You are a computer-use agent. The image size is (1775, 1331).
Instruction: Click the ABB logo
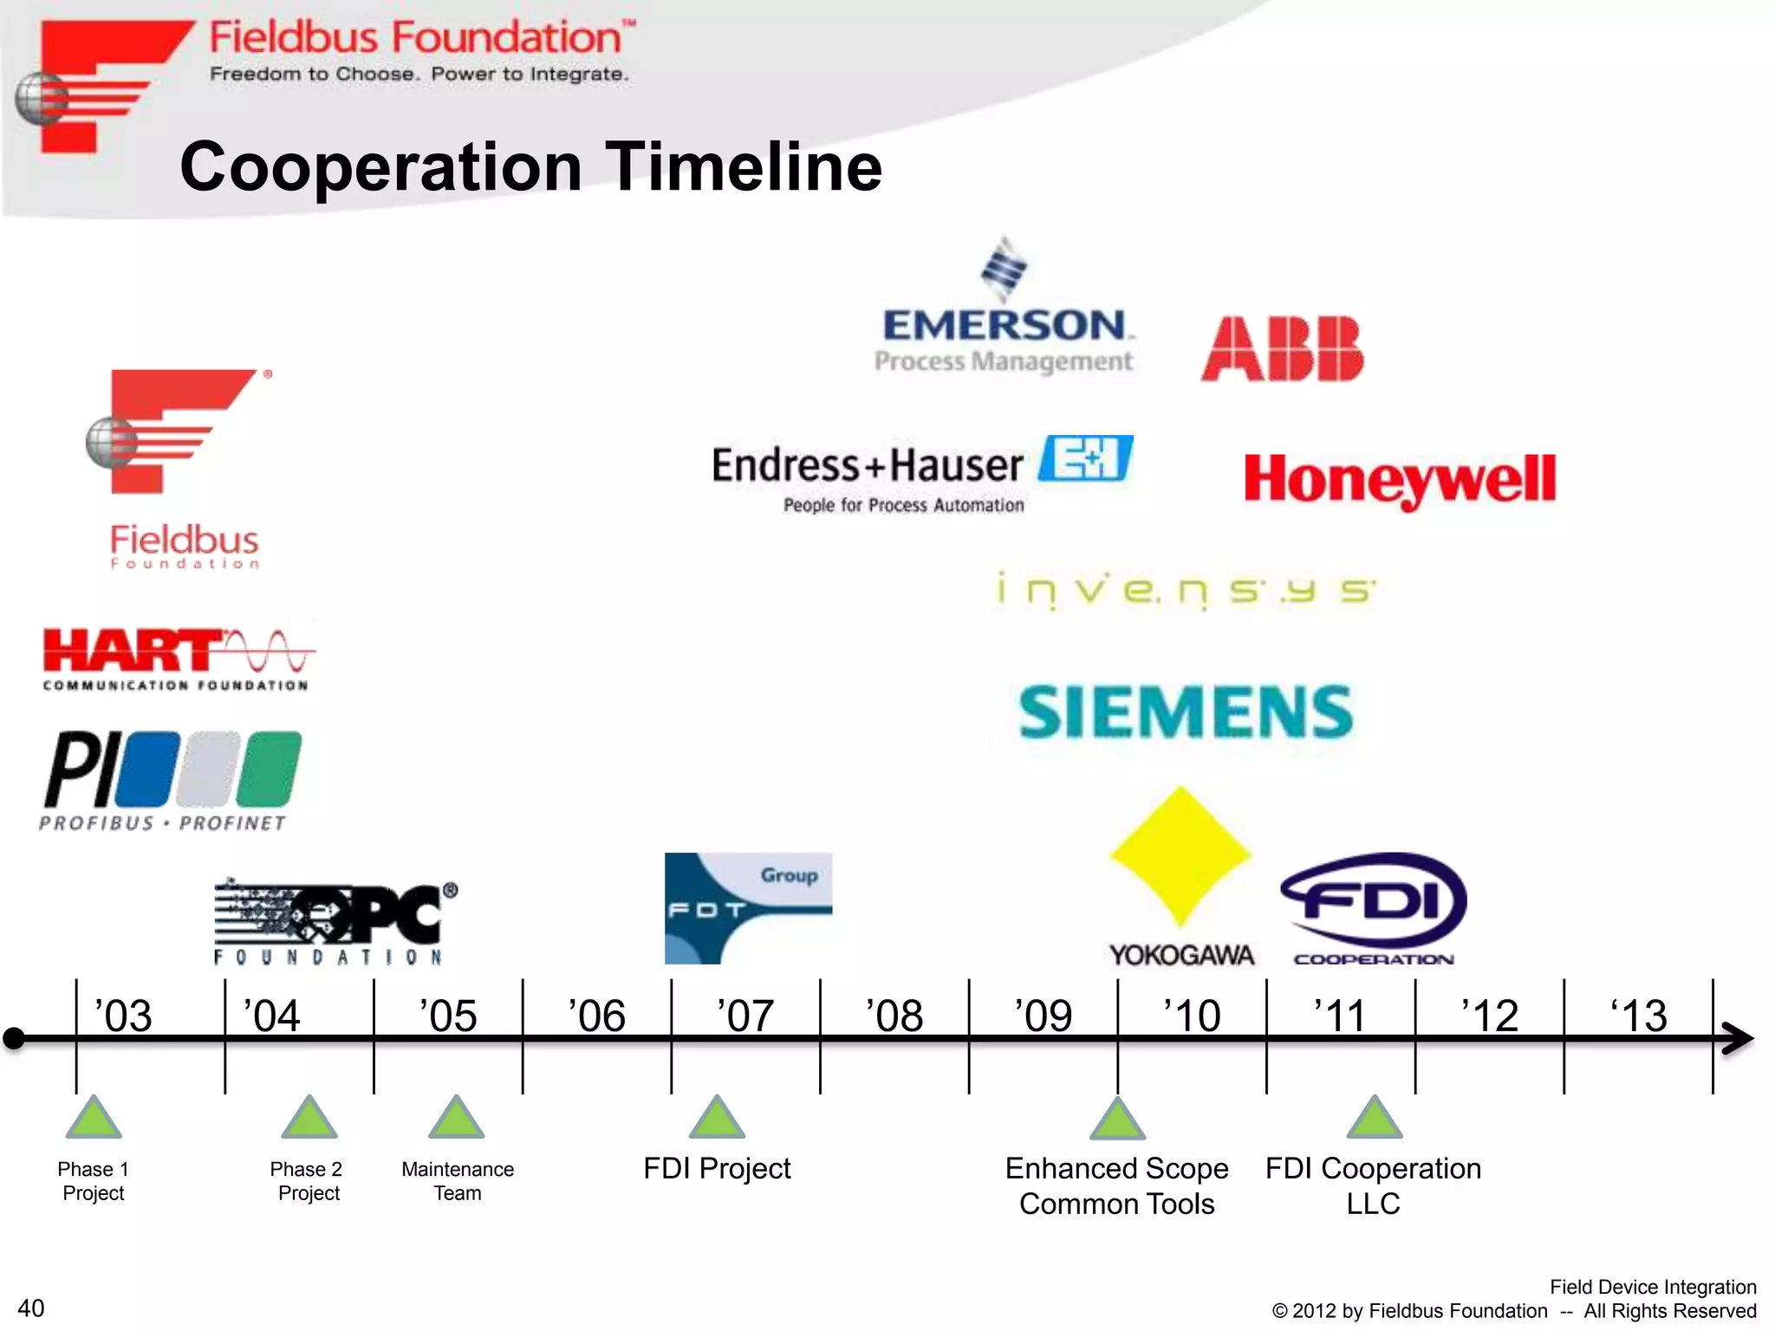[x=1282, y=348]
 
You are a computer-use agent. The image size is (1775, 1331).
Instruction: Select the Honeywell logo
[x=1400, y=479]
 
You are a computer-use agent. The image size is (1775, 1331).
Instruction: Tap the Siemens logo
[x=1185, y=712]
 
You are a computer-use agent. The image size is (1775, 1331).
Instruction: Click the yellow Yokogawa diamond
[x=1180, y=854]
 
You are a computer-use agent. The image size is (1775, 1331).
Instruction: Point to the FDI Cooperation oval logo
[x=1374, y=901]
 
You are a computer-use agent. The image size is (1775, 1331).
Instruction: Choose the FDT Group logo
[x=748, y=908]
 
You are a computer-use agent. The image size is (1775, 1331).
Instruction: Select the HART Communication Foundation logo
[x=178, y=659]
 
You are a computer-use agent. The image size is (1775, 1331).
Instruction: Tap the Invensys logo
[x=1185, y=591]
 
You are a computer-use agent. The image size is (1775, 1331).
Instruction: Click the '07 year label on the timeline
[x=745, y=1016]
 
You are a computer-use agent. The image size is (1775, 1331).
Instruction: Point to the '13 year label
[x=1638, y=1016]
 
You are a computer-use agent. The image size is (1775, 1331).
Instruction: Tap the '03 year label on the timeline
[x=123, y=1016]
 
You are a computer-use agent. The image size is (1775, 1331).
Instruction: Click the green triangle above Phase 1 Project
[x=94, y=1118]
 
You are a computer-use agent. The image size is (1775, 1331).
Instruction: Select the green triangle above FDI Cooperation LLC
[x=1375, y=1118]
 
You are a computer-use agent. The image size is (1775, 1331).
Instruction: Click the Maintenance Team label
[x=458, y=1181]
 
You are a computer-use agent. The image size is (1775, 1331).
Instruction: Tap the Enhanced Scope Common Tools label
[x=1116, y=1185]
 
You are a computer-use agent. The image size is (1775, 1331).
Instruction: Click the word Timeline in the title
[x=744, y=166]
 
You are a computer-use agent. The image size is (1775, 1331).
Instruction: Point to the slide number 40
[x=31, y=1308]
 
